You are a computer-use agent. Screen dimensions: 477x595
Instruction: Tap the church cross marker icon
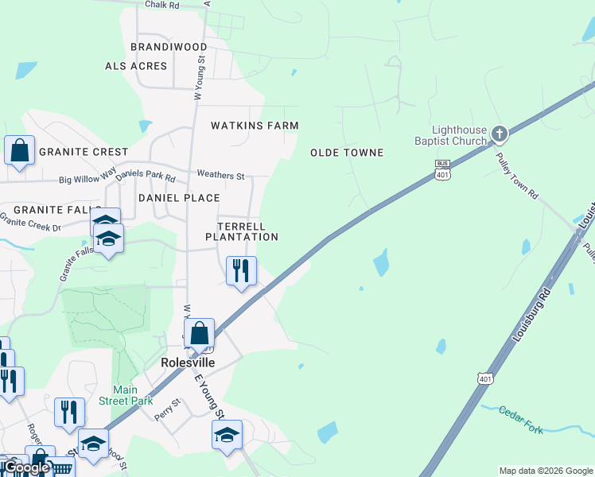(500, 133)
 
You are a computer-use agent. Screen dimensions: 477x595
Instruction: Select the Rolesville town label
(189, 362)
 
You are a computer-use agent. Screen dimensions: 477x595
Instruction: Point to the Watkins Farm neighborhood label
(255, 126)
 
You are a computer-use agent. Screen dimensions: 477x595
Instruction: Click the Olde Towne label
(347, 153)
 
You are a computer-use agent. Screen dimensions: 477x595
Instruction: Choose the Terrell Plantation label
(242, 231)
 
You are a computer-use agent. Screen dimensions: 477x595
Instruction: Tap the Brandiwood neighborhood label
(169, 47)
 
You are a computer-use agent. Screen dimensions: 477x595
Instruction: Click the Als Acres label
(136, 66)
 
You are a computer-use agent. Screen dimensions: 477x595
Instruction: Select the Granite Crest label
(84, 152)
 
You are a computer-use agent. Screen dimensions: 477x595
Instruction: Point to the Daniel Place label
(179, 197)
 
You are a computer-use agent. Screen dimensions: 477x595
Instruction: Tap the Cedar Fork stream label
(521, 420)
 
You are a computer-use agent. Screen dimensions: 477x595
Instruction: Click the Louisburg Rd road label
(533, 315)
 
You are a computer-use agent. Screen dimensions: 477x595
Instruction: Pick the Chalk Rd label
(162, 5)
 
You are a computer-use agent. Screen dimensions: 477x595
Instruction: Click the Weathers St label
(220, 175)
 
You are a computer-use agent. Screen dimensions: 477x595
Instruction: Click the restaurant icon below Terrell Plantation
(240, 270)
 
